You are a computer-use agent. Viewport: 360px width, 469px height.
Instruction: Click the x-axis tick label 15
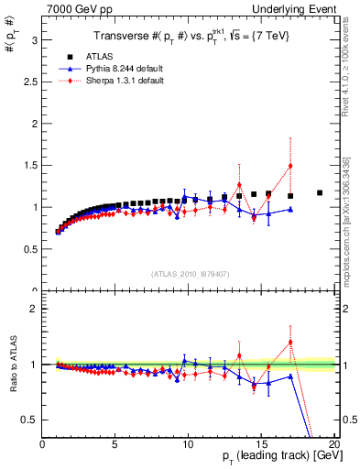[261, 442]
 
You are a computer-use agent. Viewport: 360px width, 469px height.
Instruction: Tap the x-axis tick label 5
[115, 442]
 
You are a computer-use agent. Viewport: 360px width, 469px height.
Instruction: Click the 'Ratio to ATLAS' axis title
[12, 365]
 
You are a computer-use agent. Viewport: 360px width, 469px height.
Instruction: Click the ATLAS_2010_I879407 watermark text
[189, 274]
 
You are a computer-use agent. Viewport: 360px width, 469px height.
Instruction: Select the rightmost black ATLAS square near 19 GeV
[320, 193]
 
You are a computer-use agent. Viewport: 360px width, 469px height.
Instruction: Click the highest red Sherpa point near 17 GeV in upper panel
[290, 167]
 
